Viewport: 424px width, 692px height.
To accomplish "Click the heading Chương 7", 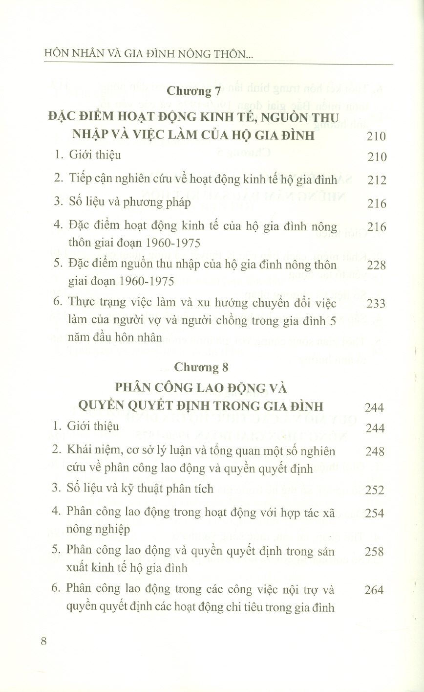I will [195, 90].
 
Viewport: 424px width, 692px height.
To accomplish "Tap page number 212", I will [376, 180].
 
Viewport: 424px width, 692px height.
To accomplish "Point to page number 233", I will [376, 304].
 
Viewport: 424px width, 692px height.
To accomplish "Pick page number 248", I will [375, 451].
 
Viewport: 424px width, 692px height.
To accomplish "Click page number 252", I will [375, 490].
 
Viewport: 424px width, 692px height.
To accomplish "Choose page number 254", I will [375, 513].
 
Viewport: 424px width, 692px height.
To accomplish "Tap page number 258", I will [375, 552].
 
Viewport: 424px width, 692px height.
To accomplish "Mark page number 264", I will [375, 590].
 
